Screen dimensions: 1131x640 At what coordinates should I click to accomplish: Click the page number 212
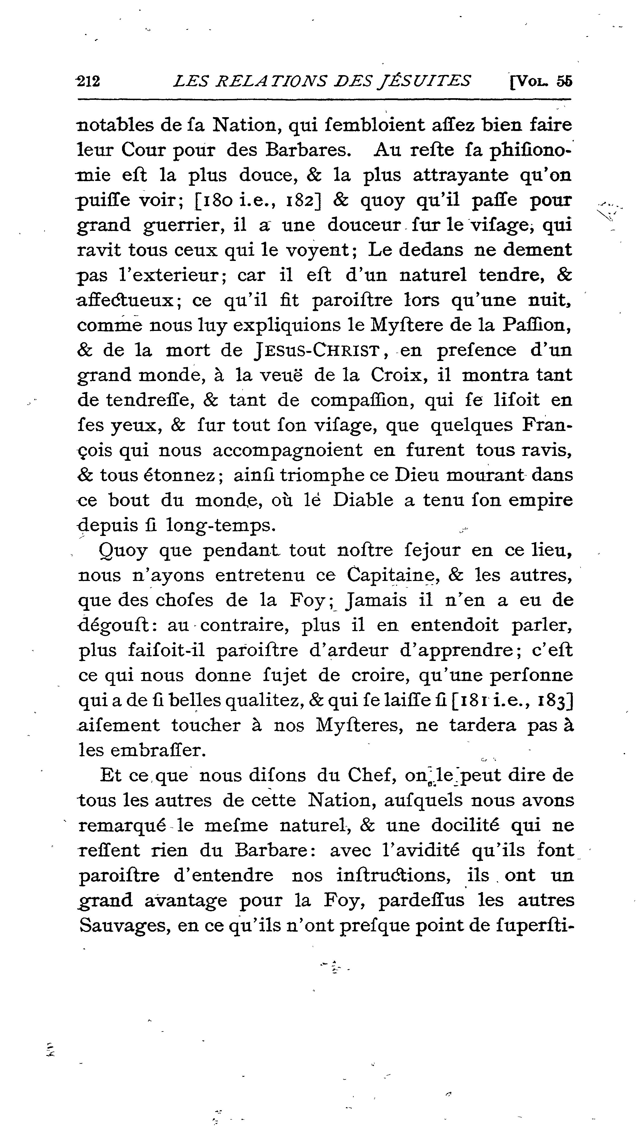(88, 81)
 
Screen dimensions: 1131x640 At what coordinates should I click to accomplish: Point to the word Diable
(363, 500)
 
